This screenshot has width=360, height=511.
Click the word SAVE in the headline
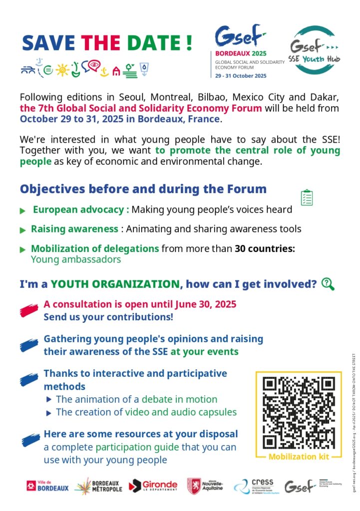(x=49, y=43)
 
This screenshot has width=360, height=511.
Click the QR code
(x=299, y=412)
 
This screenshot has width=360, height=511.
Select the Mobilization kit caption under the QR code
(x=299, y=457)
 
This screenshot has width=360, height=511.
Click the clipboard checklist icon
(x=307, y=198)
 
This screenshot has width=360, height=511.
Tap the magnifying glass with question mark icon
(x=328, y=284)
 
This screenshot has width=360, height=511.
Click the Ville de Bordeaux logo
(x=48, y=486)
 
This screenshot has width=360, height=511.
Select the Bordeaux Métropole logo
(x=98, y=486)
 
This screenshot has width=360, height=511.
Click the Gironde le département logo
(x=153, y=486)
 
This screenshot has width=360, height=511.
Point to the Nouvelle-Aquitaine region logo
(x=205, y=486)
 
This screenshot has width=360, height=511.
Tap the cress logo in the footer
(x=254, y=486)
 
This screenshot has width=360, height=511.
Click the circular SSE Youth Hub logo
(x=313, y=50)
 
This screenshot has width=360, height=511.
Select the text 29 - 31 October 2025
(x=241, y=76)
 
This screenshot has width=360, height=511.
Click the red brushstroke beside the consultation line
(x=29, y=310)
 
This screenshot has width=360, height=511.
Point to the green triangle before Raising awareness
(x=22, y=230)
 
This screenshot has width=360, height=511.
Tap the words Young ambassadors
(x=76, y=259)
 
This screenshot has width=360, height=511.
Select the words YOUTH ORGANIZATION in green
(x=115, y=284)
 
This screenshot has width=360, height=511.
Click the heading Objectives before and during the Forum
(x=143, y=190)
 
